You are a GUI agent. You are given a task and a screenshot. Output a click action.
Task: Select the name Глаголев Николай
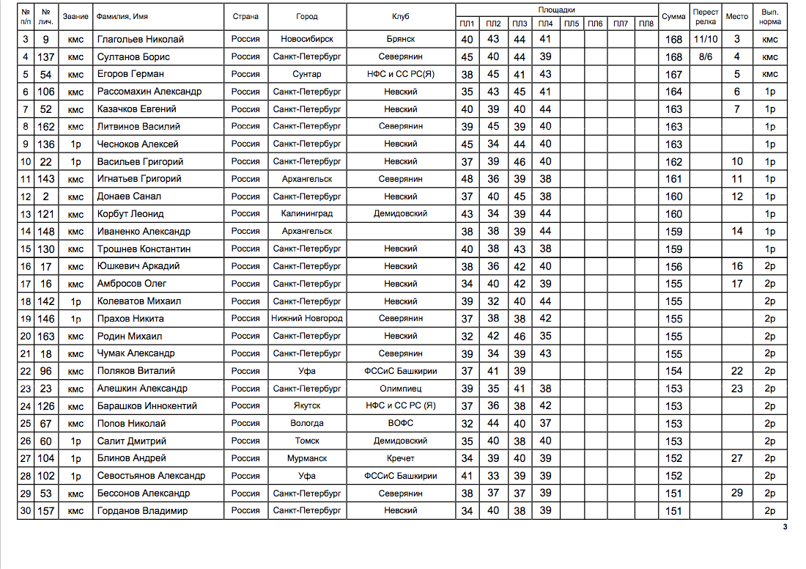[x=140, y=40]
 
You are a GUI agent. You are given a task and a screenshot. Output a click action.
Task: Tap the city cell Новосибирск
[x=307, y=40]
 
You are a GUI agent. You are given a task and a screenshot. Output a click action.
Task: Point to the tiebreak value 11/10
[x=705, y=40]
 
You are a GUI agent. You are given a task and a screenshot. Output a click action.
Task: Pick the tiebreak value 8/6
[x=705, y=56]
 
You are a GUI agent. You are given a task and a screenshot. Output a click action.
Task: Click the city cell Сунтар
[x=307, y=74]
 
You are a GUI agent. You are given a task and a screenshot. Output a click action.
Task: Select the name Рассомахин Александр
[x=149, y=92]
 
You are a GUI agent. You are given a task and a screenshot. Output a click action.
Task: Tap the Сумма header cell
[x=673, y=16]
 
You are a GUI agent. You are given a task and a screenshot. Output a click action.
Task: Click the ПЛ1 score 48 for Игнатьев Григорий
[x=467, y=179]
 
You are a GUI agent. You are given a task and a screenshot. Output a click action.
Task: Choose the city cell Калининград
[x=307, y=214]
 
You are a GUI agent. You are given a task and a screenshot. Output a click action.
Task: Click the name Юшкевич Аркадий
[x=138, y=266]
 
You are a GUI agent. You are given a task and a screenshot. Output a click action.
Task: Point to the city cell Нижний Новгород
[x=307, y=318]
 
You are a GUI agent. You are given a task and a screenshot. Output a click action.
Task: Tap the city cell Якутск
[x=307, y=405]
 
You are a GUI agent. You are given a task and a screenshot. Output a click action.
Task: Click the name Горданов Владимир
[x=142, y=511]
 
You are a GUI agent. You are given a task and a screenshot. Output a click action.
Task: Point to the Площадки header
[x=556, y=10]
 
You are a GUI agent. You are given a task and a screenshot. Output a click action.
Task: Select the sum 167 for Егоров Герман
[x=673, y=74]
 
